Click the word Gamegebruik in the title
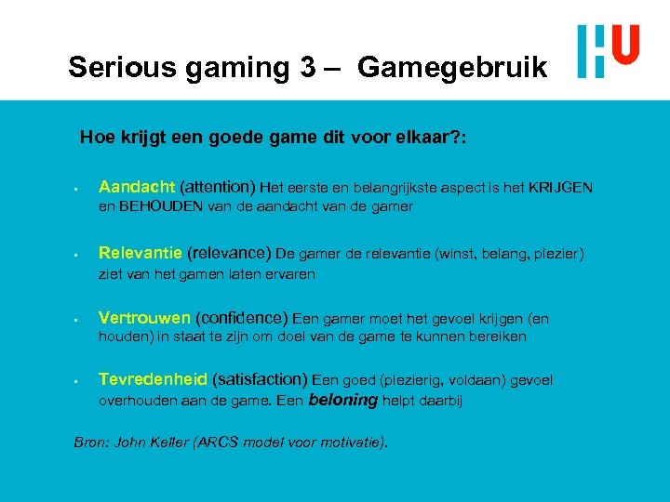452,67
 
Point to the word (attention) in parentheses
218,187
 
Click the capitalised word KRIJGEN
560,188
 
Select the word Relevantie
141,253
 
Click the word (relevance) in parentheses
229,253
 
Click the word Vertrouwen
144,317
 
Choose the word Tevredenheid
153,379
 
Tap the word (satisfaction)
260,379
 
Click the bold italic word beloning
342,401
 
